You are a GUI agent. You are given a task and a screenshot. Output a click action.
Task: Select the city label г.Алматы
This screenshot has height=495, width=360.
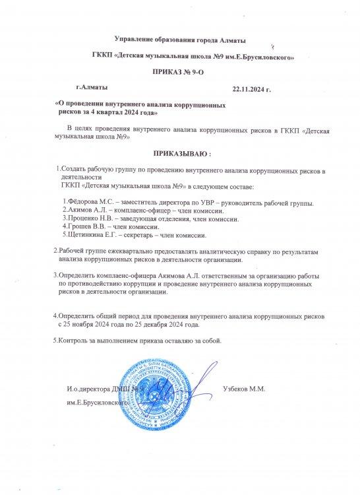[x=92, y=86]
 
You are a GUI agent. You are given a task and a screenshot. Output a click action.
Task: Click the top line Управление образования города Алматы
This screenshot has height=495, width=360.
[x=180, y=41]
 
